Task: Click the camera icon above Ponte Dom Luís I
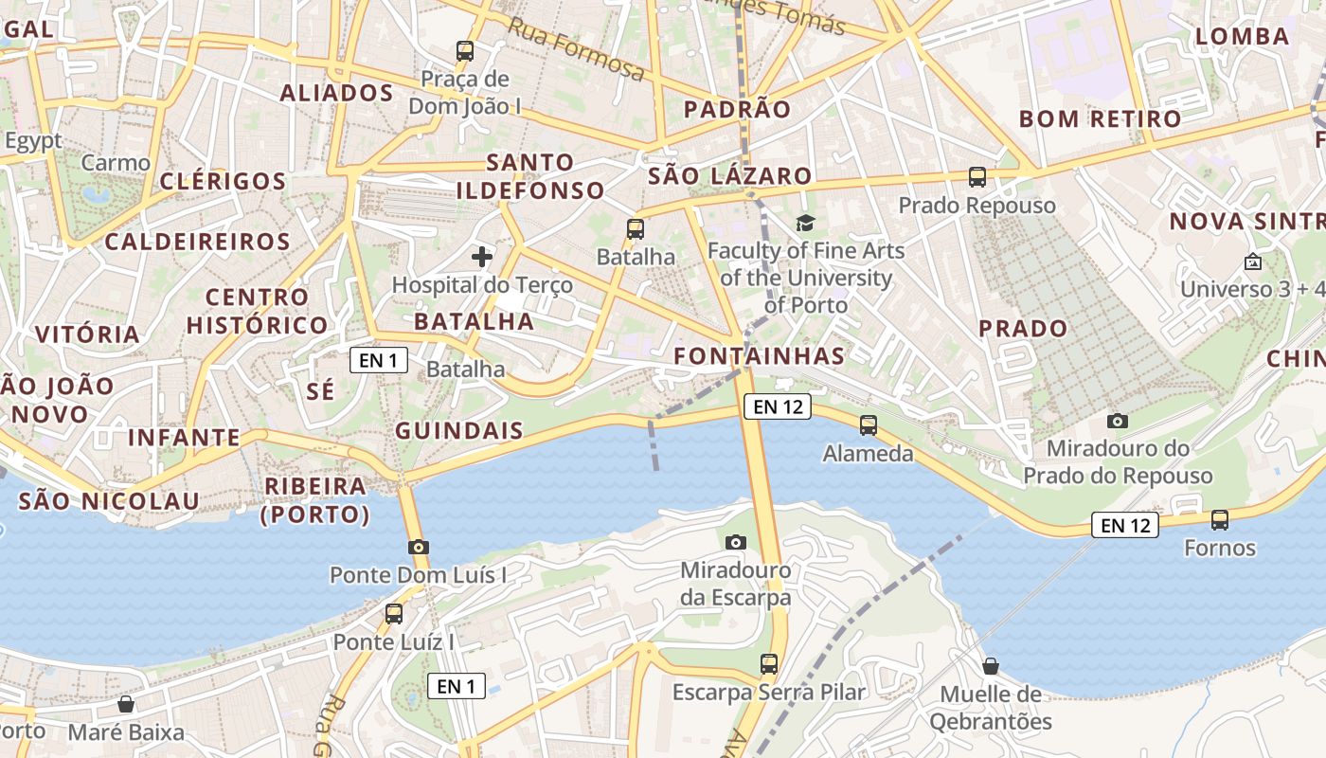tap(419, 547)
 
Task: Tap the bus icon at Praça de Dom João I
tap(464, 51)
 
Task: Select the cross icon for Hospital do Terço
tap(482, 256)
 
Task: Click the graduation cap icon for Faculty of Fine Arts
tap(805, 223)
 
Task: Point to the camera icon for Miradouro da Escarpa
tap(735, 542)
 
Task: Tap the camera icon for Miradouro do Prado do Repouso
tap(1118, 421)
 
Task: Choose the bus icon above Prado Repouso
tap(977, 177)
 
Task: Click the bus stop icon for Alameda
tap(868, 425)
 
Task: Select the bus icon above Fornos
tap(1219, 520)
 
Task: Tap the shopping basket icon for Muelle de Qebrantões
tap(991, 666)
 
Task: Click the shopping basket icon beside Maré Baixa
tap(125, 705)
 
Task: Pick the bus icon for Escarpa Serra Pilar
tap(768, 664)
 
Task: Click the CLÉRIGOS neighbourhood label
tap(224, 181)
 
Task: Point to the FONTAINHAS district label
tap(759, 356)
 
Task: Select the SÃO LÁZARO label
tap(730, 175)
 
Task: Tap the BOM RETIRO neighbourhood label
tap(1100, 119)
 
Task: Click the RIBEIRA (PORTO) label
tap(315, 500)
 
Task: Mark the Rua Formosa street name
tap(576, 50)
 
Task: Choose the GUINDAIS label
tap(459, 430)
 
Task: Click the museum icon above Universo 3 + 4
tap(1253, 262)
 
